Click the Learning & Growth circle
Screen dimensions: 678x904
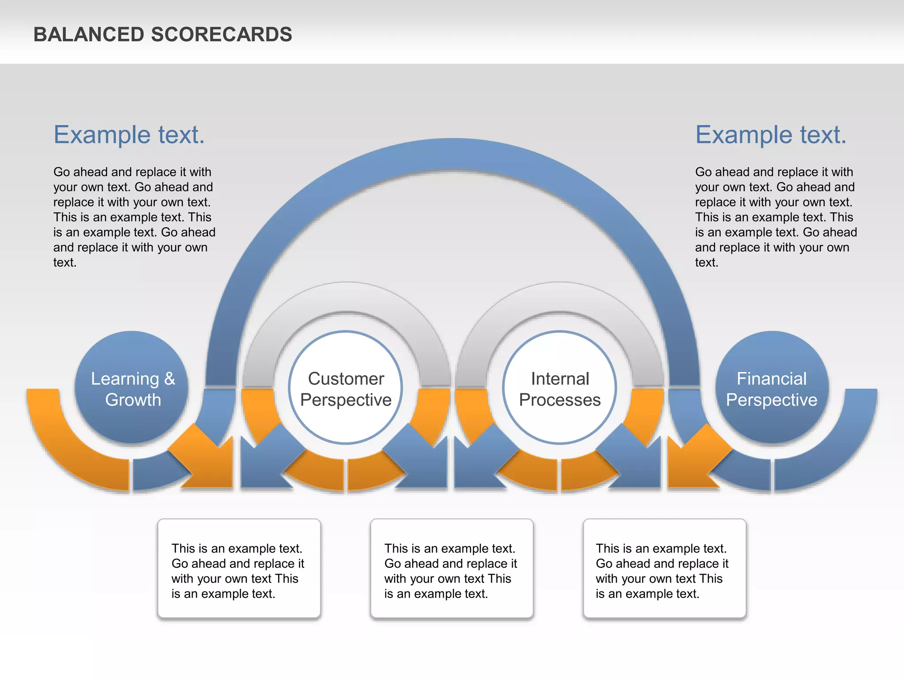132,387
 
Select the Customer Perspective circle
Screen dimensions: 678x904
346,388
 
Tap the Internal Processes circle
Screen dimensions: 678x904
559,388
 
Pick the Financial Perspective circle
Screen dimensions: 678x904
772,387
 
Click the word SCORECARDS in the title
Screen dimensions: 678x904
222,34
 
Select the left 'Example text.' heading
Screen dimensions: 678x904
129,135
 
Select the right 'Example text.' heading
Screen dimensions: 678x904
771,135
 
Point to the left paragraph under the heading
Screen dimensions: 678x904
134,217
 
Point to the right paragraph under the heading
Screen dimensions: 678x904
776,217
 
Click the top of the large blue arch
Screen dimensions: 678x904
453,154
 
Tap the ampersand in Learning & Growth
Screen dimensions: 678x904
169,379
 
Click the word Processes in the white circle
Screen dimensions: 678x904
560,400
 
